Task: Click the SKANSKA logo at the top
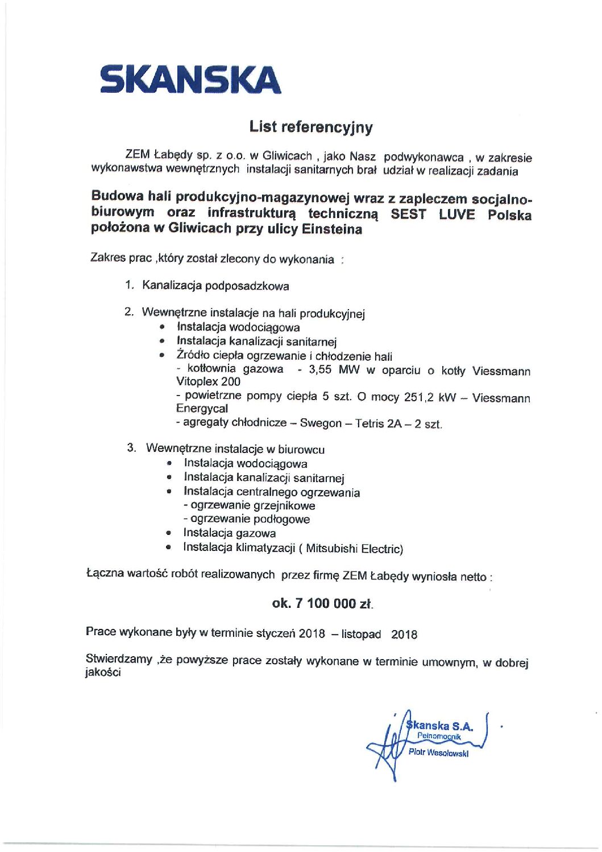190,80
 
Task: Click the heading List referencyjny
311,126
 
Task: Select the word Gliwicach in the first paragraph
287,156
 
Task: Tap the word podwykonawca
424,157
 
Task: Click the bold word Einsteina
332,229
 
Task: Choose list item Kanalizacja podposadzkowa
215,286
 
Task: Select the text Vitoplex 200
208,381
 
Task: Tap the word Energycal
202,409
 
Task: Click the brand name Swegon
321,423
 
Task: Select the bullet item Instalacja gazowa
229,533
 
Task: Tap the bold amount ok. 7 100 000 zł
322,603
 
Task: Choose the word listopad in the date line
361,634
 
